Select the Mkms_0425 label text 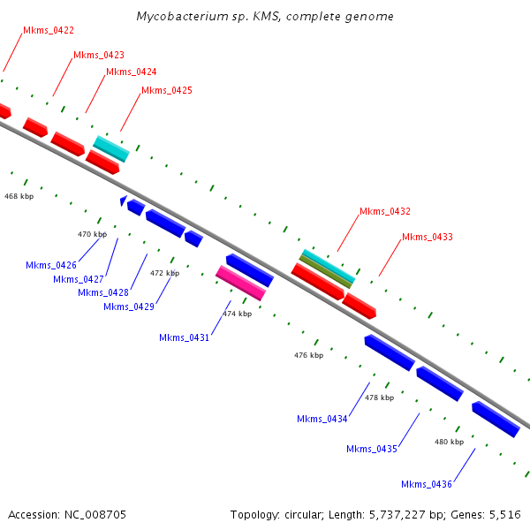[x=166, y=90]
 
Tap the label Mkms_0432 [x=384, y=212]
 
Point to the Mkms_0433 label [x=427, y=238]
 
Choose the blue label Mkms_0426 [x=51, y=265]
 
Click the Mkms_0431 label [x=185, y=337]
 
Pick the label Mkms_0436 [x=426, y=484]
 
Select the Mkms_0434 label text [x=322, y=419]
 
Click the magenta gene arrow [x=240, y=283]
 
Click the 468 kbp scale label [x=19, y=195]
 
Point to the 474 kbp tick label [x=237, y=314]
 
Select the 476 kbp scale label [x=308, y=355]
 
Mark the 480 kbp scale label [x=449, y=441]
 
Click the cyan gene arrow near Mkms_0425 [x=111, y=148]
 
